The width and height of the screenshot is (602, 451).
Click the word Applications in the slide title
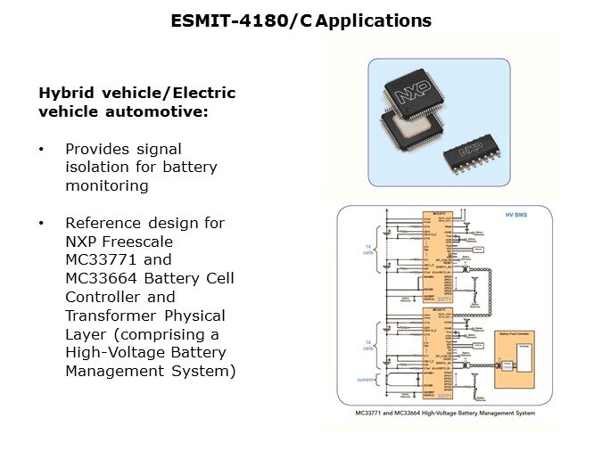click(x=374, y=19)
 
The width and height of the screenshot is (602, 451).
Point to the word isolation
click(x=95, y=168)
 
